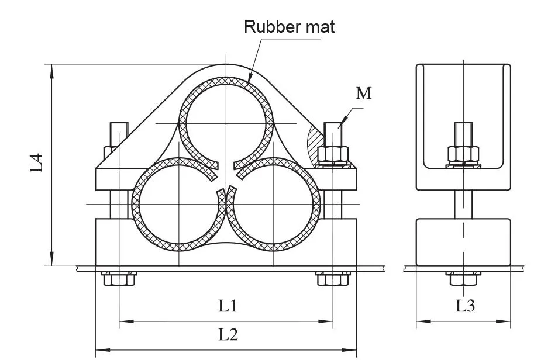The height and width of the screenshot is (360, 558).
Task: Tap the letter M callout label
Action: (364, 93)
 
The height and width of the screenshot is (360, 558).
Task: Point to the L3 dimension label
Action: (465, 306)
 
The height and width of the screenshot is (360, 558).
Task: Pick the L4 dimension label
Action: (37, 162)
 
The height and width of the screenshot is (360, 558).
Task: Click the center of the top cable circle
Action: (226, 123)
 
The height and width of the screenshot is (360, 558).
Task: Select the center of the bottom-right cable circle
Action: (274, 204)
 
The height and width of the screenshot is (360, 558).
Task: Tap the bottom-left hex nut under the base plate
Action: (119, 279)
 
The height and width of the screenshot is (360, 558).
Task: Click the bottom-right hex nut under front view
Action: (333, 279)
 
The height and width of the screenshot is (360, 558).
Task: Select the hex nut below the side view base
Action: (463, 279)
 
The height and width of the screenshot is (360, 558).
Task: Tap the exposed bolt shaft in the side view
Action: (463, 204)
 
